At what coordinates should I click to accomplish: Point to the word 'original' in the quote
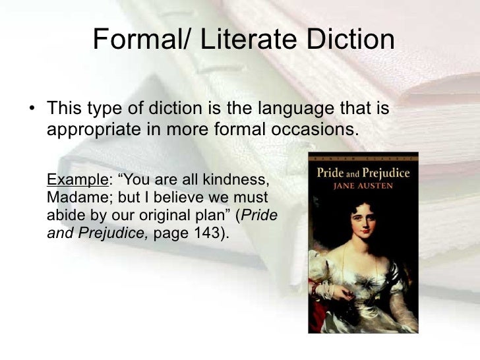pyautogui.click(x=178, y=214)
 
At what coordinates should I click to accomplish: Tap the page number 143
pyautogui.click(x=210, y=231)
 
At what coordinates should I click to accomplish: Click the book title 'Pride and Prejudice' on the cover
pyautogui.click(x=363, y=173)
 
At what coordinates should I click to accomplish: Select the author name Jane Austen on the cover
pyautogui.click(x=363, y=187)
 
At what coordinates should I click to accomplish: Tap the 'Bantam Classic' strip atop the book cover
pyautogui.click(x=363, y=158)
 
